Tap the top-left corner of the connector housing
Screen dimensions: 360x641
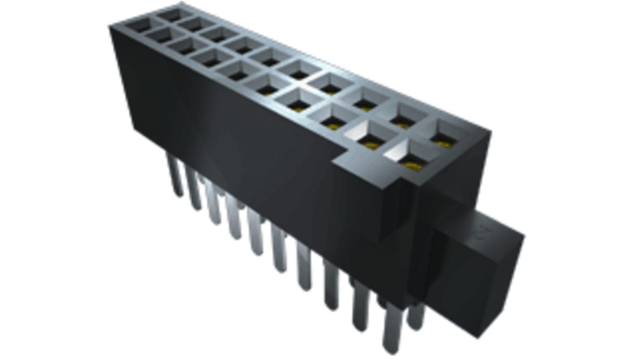(x=111, y=27)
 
